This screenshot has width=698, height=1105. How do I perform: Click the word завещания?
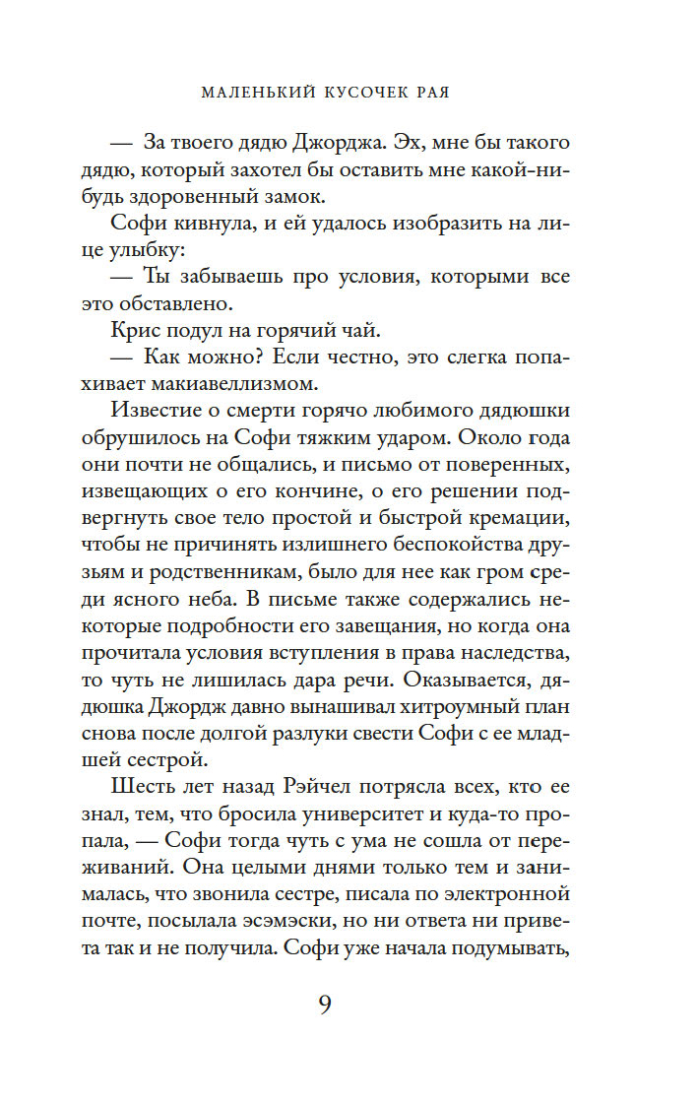[368, 624]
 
